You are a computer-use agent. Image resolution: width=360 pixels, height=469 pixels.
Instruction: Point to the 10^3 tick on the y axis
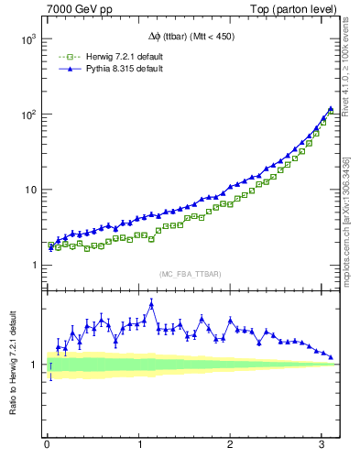click(x=28, y=40)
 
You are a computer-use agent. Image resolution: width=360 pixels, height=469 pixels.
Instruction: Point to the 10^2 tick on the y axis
click(x=28, y=115)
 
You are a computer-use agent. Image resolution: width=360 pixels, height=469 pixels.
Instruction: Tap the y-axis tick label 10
click(x=30, y=191)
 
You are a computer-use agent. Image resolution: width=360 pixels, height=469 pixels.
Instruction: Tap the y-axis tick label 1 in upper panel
click(x=34, y=266)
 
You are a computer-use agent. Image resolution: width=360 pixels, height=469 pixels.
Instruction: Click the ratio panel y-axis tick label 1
click(x=34, y=365)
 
